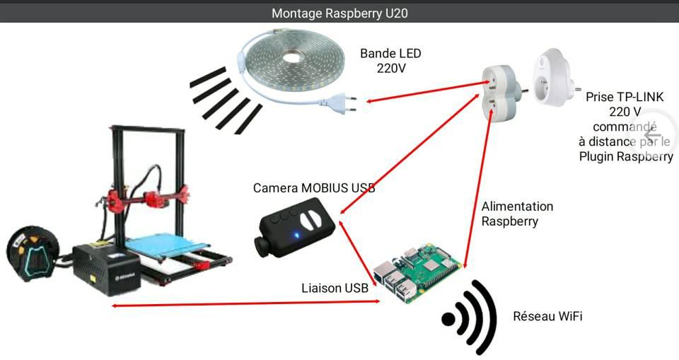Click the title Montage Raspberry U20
pos(339,13)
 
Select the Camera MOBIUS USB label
pos(314,188)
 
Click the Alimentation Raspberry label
pos(517,214)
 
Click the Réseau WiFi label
pos(547,316)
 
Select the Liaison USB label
pos(335,288)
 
